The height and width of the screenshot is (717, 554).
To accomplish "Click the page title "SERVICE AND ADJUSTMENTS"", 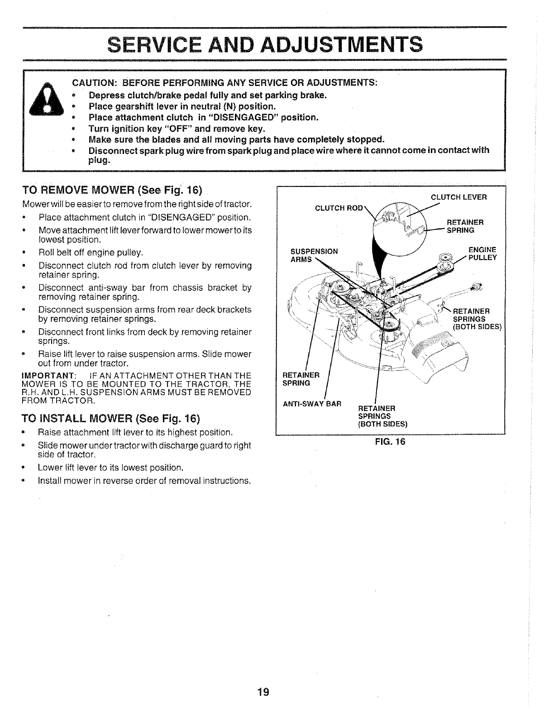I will tap(265, 44).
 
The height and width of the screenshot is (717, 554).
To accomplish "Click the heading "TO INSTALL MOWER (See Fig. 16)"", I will tap(111, 417).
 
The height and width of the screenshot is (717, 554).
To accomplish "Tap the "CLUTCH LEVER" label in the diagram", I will tap(458, 197).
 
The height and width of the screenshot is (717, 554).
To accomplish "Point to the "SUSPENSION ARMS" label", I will tap(314, 255).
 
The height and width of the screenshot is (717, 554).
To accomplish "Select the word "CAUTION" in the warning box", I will tap(95, 83).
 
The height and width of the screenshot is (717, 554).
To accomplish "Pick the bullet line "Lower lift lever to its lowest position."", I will tap(111, 468).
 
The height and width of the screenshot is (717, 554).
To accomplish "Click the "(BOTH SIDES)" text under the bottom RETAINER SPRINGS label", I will tap(383, 424).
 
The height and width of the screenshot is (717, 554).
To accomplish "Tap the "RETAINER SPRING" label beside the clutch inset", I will tap(465, 226).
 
